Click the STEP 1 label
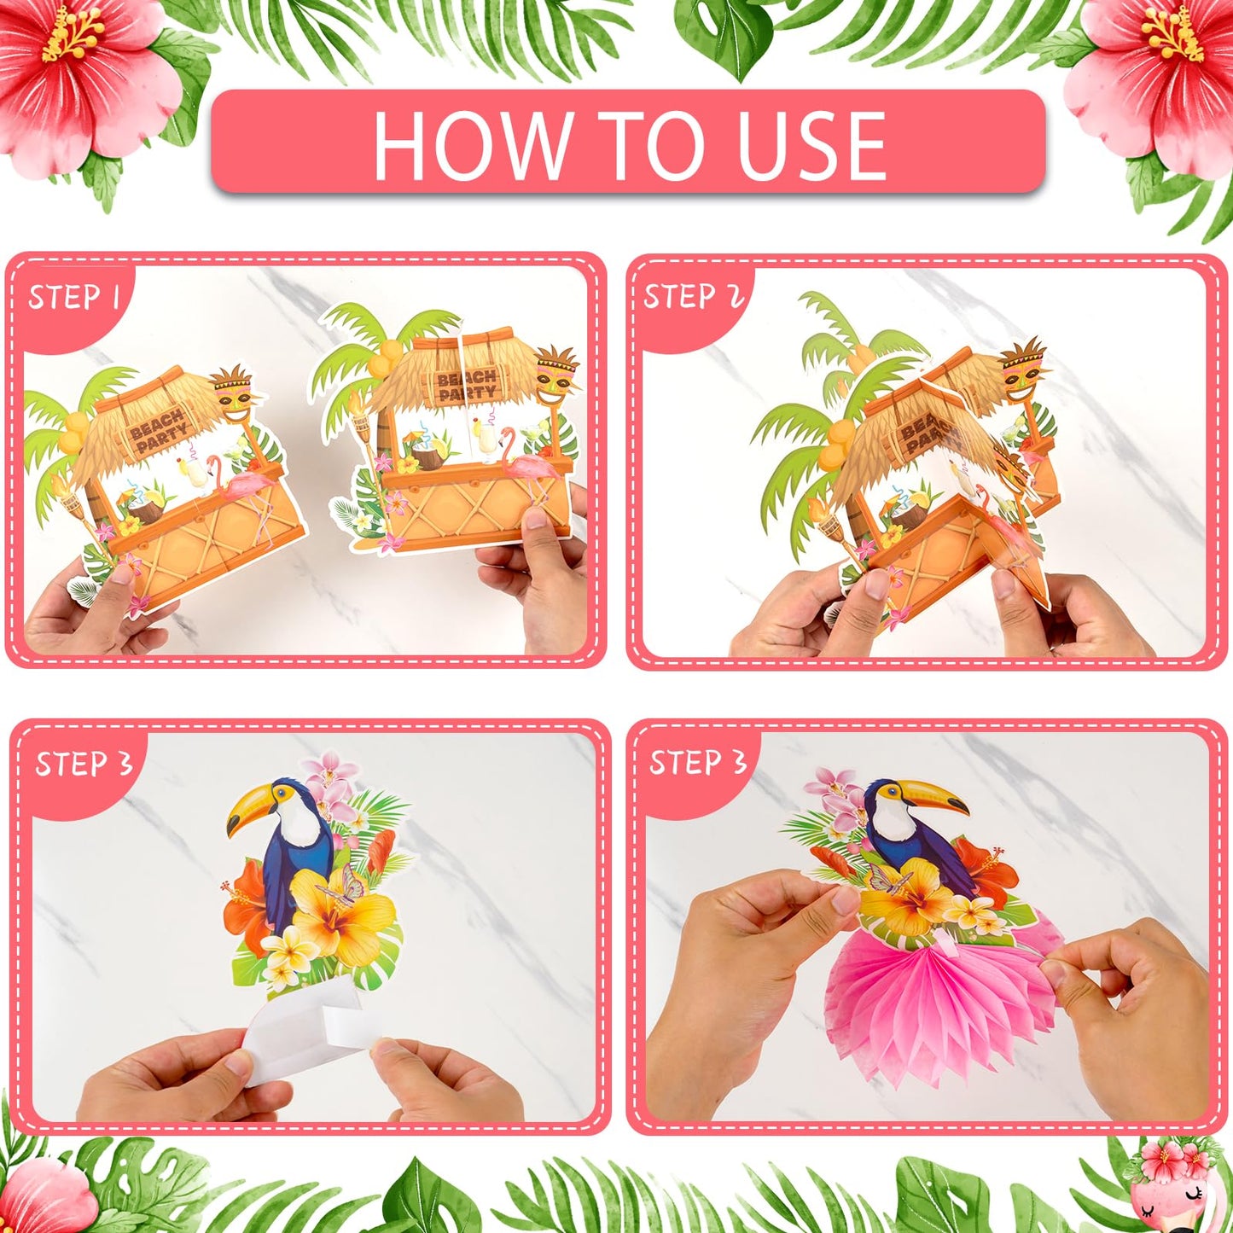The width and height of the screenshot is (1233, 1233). pos(73,298)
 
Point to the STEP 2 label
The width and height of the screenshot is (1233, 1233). pos(693,296)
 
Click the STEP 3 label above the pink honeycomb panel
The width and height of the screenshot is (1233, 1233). pos(698,762)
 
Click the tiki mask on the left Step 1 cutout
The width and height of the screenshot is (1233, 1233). pos(233,393)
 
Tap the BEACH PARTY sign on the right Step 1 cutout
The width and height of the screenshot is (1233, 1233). pos(467,386)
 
